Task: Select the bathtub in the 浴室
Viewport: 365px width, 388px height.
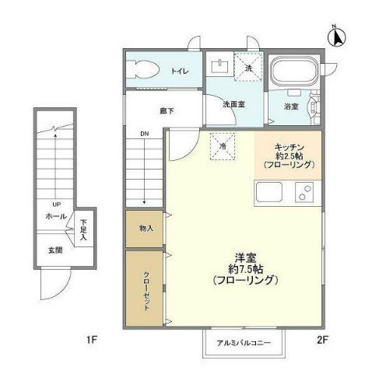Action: (292, 75)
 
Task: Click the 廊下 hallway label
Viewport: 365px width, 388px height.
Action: (167, 110)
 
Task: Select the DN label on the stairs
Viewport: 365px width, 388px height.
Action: (145, 134)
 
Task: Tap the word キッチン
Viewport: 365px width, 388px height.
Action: (289, 147)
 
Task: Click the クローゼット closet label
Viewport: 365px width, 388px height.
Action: (146, 290)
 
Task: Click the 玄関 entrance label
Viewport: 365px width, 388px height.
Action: (54, 250)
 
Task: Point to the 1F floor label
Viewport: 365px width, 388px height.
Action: (90, 340)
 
